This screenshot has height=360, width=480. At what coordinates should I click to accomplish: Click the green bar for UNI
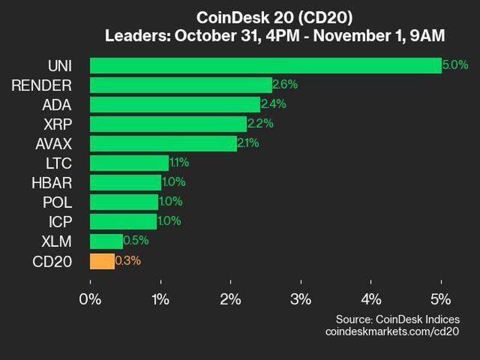(x=265, y=65)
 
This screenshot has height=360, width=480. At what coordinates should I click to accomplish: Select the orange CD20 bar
(x=102, y=261)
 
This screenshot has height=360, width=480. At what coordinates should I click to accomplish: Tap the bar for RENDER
(x=181, y=85)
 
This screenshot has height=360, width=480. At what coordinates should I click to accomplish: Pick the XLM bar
(x=106, y=241)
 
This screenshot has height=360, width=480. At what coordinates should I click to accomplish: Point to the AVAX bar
(x=163, y=143)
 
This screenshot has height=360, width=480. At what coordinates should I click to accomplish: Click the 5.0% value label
(x=455, y=65)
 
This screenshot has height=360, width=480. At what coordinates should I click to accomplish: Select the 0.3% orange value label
(x=127, y=261)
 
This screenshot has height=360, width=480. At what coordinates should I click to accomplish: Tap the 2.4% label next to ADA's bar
(x=274, y=104)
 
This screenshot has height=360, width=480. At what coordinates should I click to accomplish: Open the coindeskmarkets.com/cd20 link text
(x=392, y=331)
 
